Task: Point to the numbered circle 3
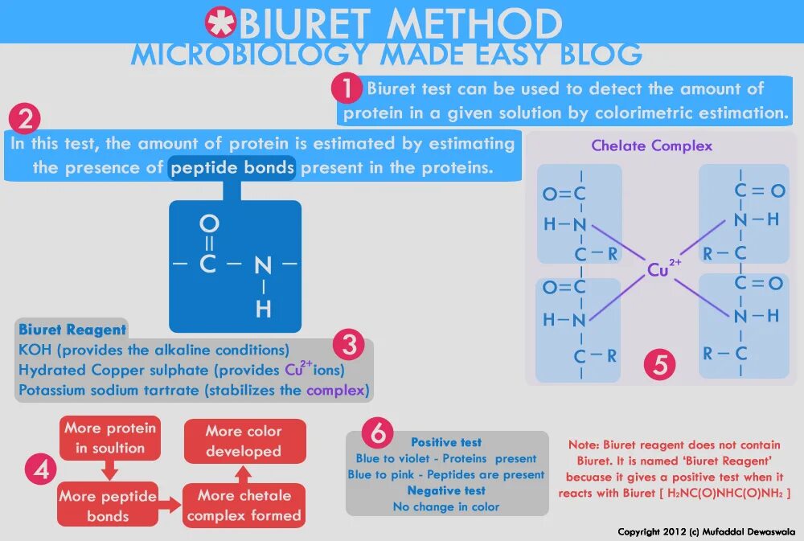click(348, 346)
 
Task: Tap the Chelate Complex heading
click(652, 145)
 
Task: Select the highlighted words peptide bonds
click(232, 168)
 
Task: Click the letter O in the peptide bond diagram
click(208, 222)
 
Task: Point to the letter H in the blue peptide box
click(263, 308)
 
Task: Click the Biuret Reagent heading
click(72, 330)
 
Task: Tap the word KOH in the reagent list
click(35, 350)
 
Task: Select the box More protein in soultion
click(110, 438)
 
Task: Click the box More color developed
click(244, 441)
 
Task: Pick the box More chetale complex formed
click(244, 506)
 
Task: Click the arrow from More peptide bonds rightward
click(170, 505)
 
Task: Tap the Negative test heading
click(446, 490)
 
